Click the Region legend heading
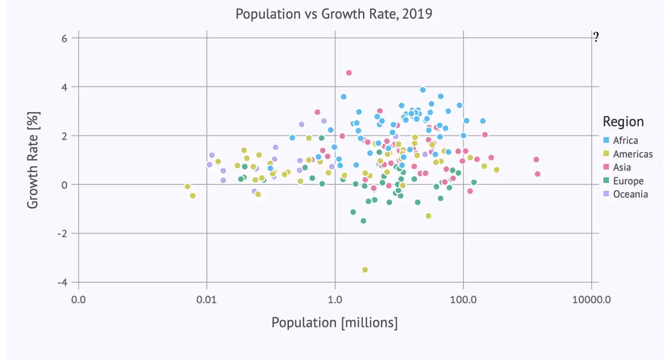point(623,121)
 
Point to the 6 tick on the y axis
point(64,39)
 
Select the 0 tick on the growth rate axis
point(64,185)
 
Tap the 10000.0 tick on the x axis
point(591,300)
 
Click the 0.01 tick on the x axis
point(206,300)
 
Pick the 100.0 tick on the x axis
point(463,300)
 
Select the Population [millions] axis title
point(335,323)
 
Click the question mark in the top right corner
point(597,37)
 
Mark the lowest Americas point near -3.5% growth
point(365,269)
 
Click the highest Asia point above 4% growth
point(349,73)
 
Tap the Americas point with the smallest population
point(187,186)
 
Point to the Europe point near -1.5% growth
point(363,221)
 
